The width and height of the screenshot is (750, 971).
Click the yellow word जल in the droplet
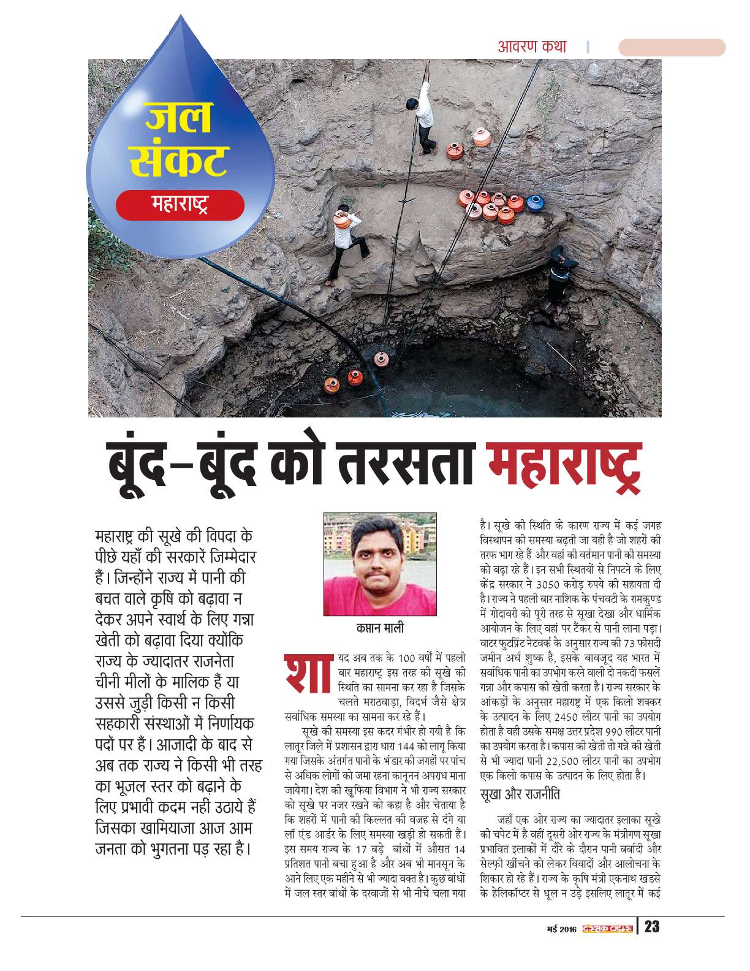click(x=178, y=118)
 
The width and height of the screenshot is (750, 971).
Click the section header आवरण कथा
click(x=532, y=46)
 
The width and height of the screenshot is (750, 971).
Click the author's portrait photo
click(x=380, y=565)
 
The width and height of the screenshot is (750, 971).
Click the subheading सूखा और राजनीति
click(x=521, y=794)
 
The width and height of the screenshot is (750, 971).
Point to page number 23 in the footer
click(x=652, y=926)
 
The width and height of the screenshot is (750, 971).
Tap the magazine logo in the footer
click(x=607, y=927)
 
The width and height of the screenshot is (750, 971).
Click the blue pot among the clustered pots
click(x=535, y=202)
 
